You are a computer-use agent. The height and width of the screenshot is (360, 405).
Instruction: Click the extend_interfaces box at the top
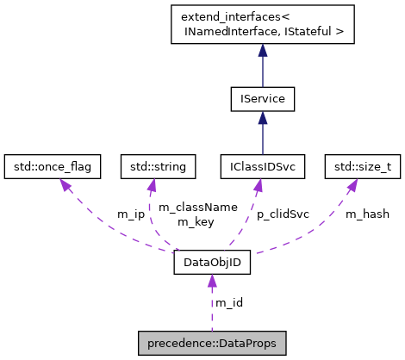pos(263,24)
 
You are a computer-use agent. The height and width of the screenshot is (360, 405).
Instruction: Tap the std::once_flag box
pos(53,164)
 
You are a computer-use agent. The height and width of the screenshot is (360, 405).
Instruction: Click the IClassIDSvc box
pos(263,164)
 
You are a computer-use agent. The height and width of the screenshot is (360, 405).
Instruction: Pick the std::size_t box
pos(363,164)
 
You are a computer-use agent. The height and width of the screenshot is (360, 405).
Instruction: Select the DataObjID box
pos(212,263)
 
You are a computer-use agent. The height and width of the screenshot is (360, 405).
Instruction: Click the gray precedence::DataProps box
pos(212,342)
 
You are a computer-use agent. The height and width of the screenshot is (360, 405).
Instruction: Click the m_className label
pos(183,208)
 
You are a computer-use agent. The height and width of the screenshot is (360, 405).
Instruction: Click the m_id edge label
pos(228,302)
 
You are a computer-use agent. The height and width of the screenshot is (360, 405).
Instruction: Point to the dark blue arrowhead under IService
pos(263,120)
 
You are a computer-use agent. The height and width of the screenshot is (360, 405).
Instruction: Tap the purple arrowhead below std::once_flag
pos(63,184)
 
